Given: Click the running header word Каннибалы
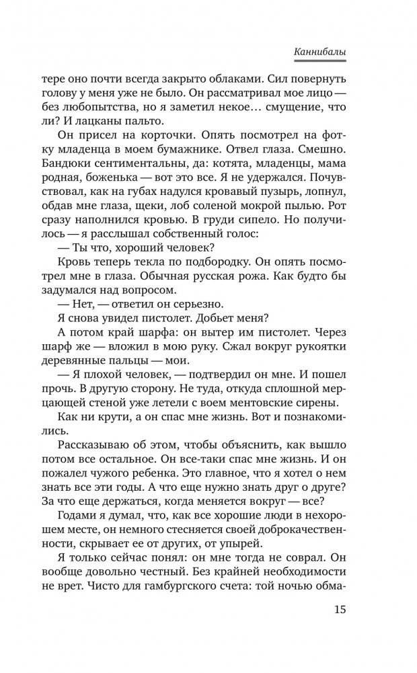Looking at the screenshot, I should coord(328,51).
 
